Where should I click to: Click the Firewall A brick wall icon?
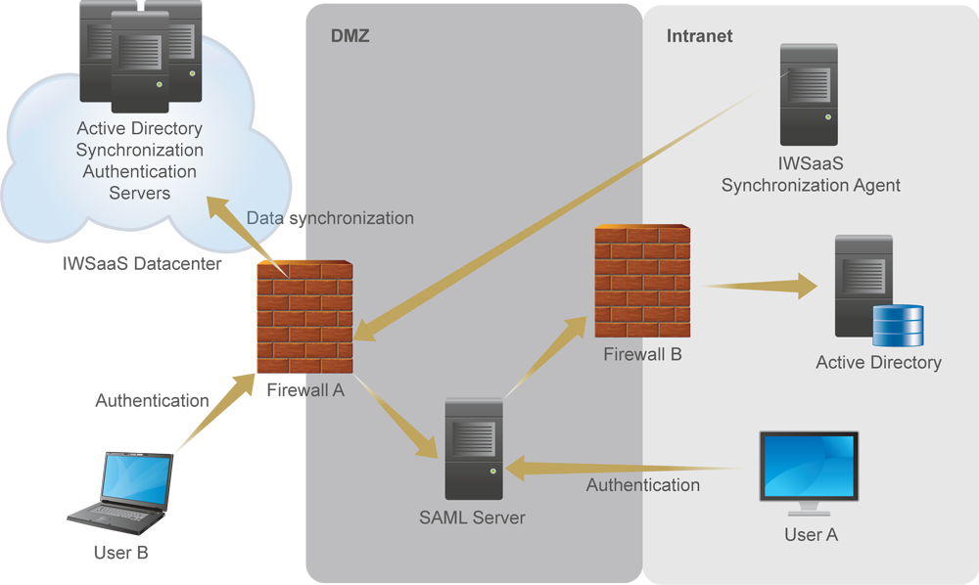[304, 319]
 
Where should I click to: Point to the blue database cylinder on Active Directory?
[898, 326]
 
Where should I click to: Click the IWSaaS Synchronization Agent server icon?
[808, 96]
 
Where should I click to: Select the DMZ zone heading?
[350, 36]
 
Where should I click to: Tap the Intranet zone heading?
[699, 36]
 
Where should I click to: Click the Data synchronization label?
[330, 218]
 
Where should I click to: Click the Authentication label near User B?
[152, 400]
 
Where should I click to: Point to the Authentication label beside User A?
[642, 484]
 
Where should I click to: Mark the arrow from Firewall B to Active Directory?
[760, 286]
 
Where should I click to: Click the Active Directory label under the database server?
[878, 363]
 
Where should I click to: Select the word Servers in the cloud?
[139, 193]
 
